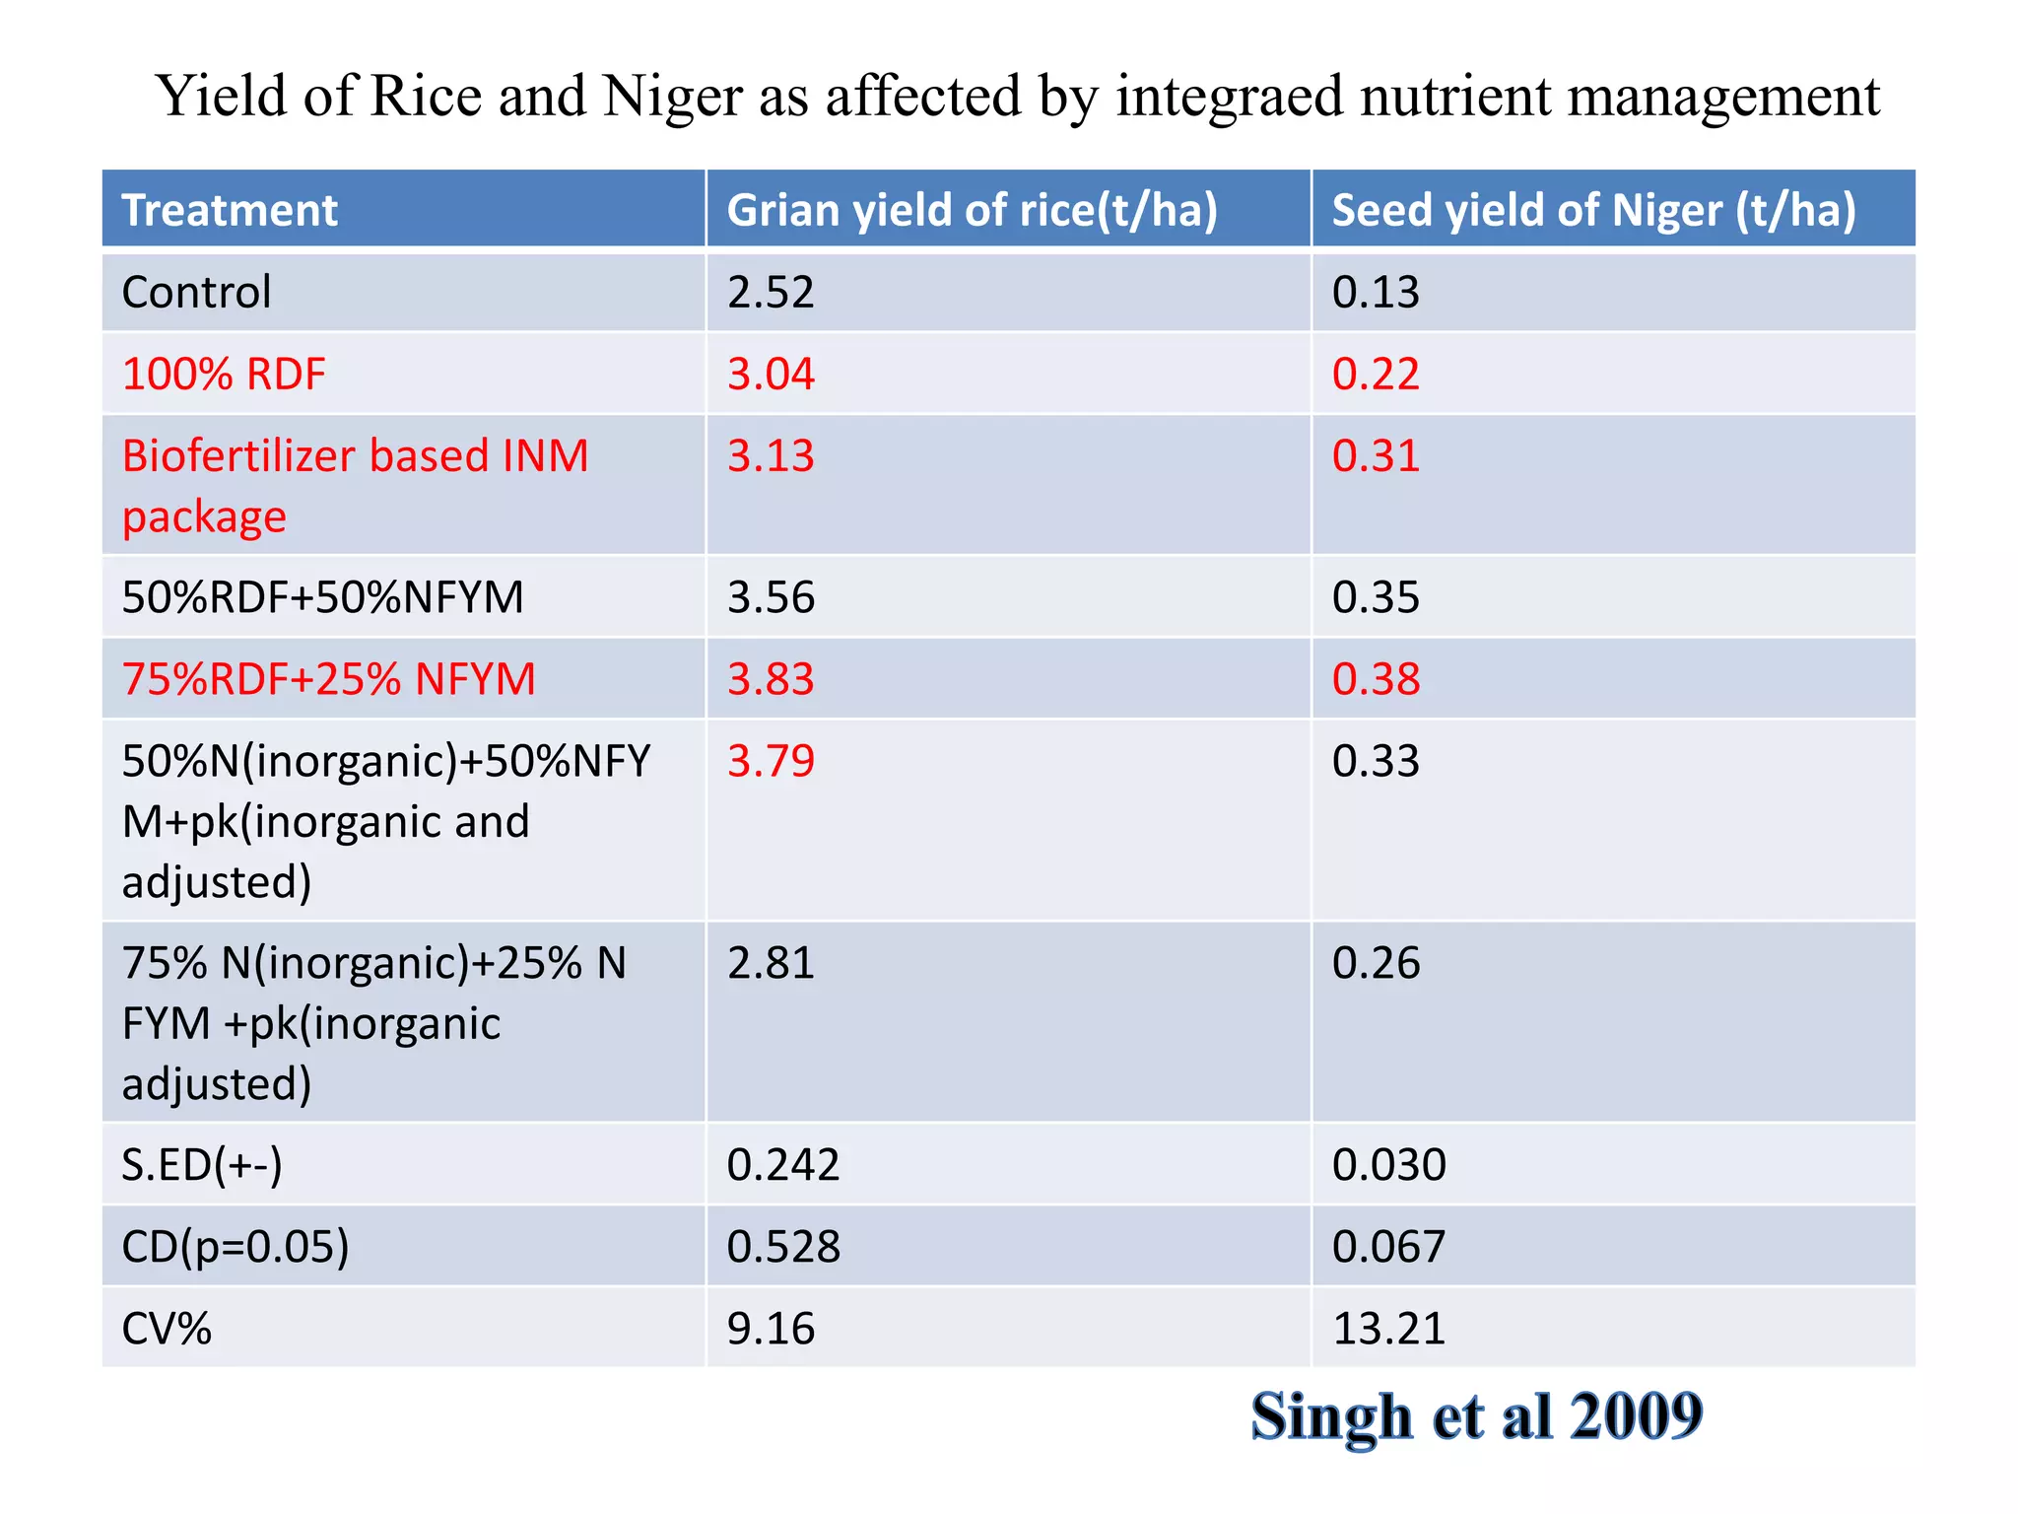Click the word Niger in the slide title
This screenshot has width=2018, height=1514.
point(672,97)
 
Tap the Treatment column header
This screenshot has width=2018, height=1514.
point(229,210)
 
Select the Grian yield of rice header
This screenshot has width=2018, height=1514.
point(972,210)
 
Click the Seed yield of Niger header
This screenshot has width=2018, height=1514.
point(1593,210)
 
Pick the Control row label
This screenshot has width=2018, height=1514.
point(196,292)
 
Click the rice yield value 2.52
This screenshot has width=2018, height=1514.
point(771,292)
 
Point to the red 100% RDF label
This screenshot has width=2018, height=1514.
point(224,374)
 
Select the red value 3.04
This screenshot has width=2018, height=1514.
point(771,374)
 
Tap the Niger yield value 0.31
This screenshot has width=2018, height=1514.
point(1376,455)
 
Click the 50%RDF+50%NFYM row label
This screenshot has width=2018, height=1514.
point(322,597)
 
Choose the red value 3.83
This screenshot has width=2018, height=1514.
point(771,679)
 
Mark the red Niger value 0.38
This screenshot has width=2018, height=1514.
point(1376,679)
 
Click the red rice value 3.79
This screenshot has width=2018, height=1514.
point(771,761)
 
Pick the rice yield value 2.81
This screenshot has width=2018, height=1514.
point(771,963)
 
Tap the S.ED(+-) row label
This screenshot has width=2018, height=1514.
point(202,1165)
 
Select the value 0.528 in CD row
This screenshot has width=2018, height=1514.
point(783,1247)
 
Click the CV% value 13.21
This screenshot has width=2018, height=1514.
point(1388,1329)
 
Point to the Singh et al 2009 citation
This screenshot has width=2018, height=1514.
point(1476,1416)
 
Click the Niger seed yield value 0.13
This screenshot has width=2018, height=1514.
point(1376,292)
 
